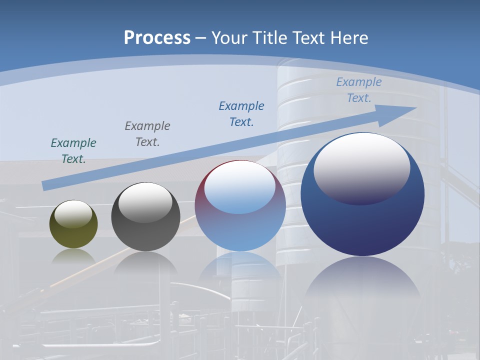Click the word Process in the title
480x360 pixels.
coord(157,37)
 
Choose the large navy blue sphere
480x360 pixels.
coord(362,225)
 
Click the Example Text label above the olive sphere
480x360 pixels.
coord(73,151)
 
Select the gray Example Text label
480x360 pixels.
coord(147,134)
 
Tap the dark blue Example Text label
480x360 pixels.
coord(241,114)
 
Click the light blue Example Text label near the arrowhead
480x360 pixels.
coord(359,90)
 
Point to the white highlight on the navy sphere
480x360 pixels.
coord(361,165)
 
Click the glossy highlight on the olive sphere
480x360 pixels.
coord(73,214)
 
